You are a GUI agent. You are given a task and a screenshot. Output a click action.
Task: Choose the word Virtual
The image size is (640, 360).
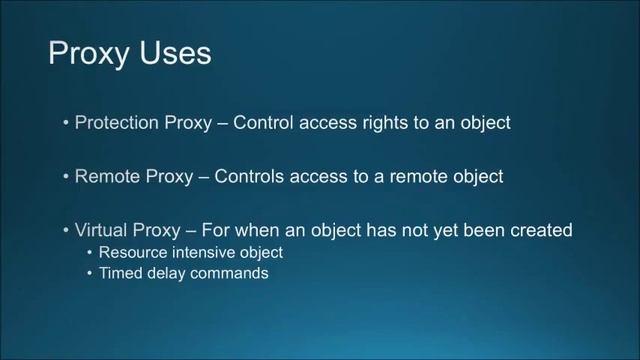point(102,230)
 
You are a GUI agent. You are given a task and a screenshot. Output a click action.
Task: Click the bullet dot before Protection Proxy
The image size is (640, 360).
point(66,124)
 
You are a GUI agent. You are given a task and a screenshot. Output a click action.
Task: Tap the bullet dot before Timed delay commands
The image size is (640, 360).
point(90,273)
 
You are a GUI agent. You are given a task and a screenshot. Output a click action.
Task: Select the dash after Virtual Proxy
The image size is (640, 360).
point(203,230)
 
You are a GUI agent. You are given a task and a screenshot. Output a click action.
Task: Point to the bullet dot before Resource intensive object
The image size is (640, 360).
point(90,253)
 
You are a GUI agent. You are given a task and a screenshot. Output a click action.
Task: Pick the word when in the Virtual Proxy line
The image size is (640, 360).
point(273,230)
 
